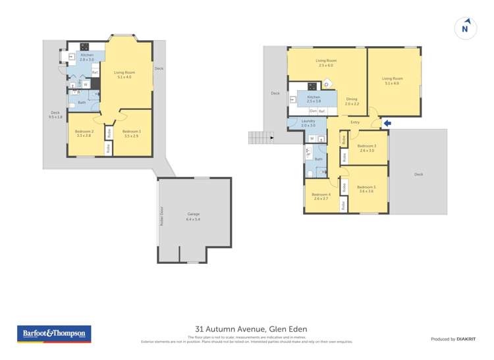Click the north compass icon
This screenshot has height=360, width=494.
[x=465, y=28]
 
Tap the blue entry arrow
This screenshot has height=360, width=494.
[x=387, y=122]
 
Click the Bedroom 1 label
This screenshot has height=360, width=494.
[x=131, y=134]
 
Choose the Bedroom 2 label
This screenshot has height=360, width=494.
[x=84, y=134]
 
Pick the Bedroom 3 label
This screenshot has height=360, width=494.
[x=366, y=148]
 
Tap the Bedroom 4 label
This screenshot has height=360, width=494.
[x=321, y=196]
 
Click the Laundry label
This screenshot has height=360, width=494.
[x=308, y=123]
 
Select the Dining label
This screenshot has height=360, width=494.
[x=352, y=101]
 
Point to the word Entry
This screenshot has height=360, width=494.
[x=355, y=122]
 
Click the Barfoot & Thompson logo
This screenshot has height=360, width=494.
[x=53, y=334]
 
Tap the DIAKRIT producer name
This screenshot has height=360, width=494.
[x=467, y=339]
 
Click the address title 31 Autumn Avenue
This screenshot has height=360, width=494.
[x=251, y=329]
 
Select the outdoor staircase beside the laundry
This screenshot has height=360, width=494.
[x=261, y=137]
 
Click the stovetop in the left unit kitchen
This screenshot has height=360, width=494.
[x=85, y=46]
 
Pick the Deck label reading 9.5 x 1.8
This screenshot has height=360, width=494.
[x=55, y=115]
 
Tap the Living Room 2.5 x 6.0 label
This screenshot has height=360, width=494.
[x=326, y=63]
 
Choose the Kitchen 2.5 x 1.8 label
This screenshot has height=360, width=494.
[x=314, y=99]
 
